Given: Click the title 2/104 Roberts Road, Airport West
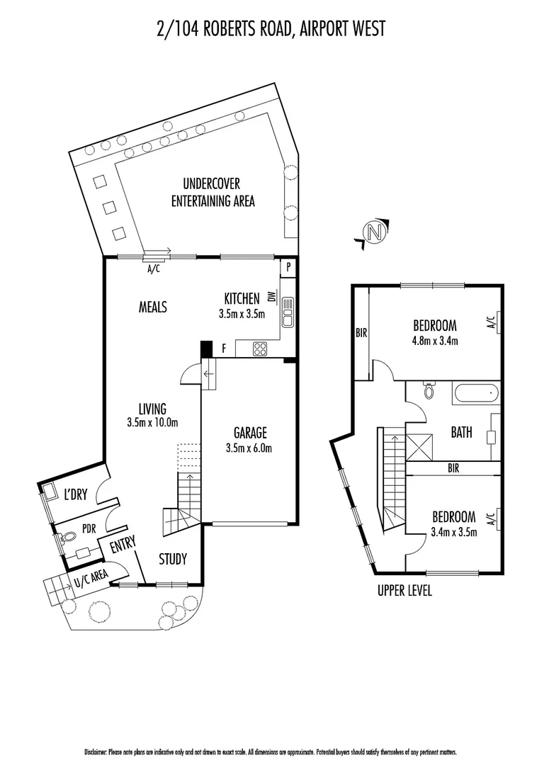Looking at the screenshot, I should pos(271,29).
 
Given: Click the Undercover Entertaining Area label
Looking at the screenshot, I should pos(213,193).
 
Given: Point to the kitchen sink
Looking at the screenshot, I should pos(288,312).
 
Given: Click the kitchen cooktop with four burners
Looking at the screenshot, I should pos(260,348).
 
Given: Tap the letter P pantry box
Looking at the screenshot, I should pos(288,267).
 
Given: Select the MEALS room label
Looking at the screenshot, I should pos(152,307).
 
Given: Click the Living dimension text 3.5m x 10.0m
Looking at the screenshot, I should pos(152,423).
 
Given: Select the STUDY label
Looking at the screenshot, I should pos(172,560).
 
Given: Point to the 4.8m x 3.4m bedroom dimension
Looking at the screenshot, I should pos(435,341).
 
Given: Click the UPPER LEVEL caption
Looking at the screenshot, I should pos(405,591).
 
